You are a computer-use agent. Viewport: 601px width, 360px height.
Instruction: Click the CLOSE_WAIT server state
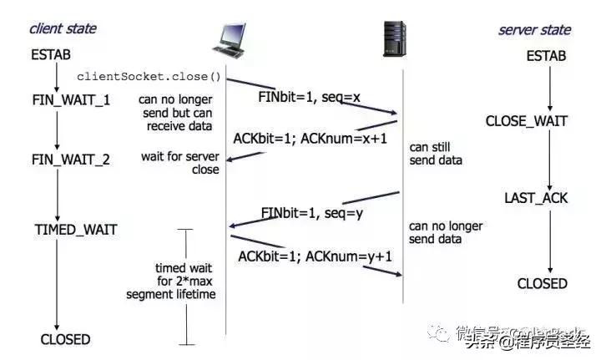pyautogui.click(x=527, y=122)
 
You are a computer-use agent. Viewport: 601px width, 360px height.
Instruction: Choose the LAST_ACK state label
pyautogui.click(x=536, y=198)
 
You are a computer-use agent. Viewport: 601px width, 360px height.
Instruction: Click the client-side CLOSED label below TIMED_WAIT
pyautogui.click(x=65, y=339)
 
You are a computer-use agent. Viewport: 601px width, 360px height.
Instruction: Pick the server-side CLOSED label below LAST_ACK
pyautogui.click(x=542, y=284)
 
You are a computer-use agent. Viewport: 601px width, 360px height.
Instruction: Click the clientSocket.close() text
pyautogui.click(x=149, y=77)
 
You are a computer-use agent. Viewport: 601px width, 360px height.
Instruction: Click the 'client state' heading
pyautogui.click(x=63, y=28)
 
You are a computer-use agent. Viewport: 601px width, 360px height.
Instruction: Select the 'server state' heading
pyautogui.click(x=534, y=30)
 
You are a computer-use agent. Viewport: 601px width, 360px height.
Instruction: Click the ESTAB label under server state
pyautogui.click(x=547, y=57)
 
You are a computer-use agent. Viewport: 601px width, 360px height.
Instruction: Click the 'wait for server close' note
pyautogui.click(x=180, y=163)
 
